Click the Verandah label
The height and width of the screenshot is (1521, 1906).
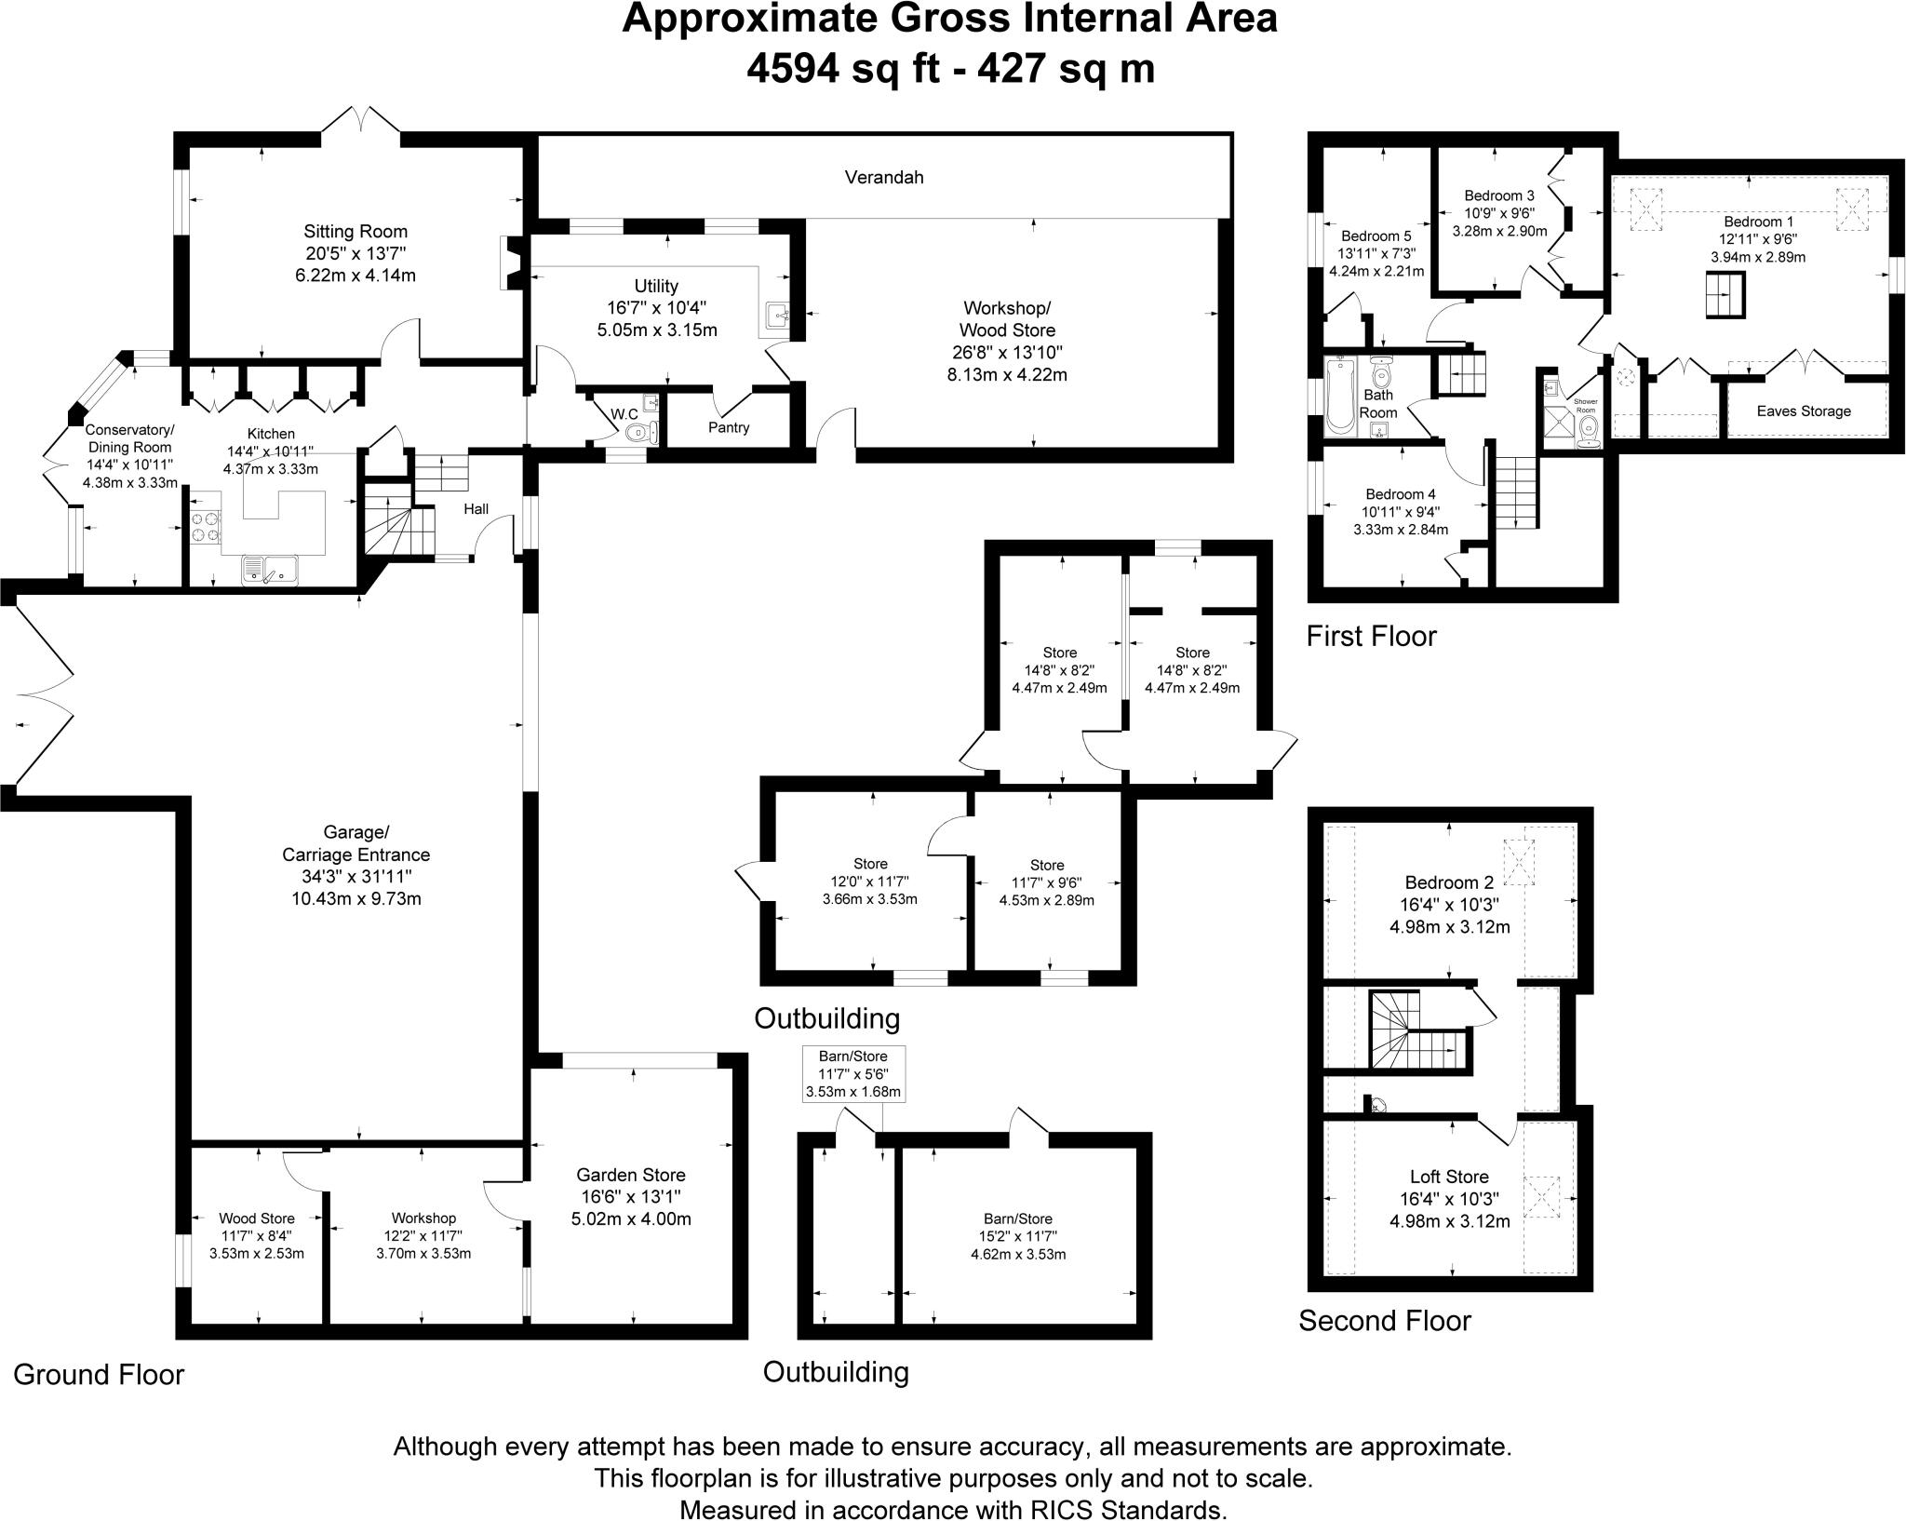884,177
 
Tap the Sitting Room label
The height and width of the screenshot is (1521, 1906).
356,232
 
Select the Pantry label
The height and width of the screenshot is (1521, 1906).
729,427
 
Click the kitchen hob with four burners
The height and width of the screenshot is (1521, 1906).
206,527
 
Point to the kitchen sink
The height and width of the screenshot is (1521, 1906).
268,569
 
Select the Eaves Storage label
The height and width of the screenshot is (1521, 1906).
1804,411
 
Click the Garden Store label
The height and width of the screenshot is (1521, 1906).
631,1176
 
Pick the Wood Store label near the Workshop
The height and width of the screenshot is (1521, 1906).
257,1218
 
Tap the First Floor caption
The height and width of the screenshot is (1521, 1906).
1372,637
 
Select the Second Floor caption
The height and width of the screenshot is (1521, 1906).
1385,1321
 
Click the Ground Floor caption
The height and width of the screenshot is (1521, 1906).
99,1375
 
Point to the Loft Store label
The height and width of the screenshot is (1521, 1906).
1449,1177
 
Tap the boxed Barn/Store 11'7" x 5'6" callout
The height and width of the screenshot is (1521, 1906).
853,1074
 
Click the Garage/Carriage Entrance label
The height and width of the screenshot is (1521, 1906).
356,843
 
